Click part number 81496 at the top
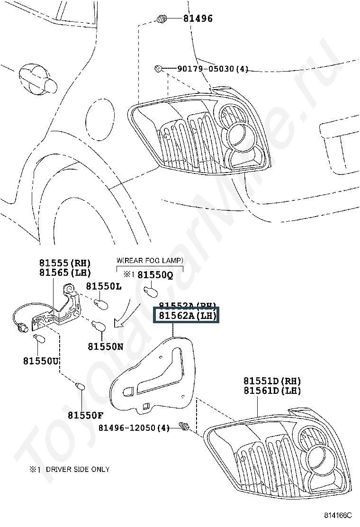(198, 19)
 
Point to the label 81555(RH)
(65, 263)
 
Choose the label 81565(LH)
(65, 273)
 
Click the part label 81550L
(104, 286)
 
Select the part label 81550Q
(155, 274)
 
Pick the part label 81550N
(105, 346)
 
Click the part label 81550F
(85, 416)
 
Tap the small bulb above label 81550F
(81, 386)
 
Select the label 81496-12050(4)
(134, 428)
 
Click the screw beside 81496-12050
(185, 428)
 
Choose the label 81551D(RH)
(272, 381)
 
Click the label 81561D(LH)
(272, 391)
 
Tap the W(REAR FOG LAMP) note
(150, 261)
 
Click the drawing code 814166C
(339, 515)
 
